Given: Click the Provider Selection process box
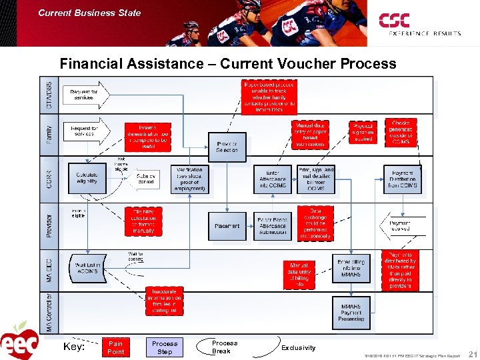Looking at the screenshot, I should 227,147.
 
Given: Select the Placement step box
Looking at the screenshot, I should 227,226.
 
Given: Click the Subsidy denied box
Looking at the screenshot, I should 145,178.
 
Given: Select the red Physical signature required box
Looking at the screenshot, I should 363,131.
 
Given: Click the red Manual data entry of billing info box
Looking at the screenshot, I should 299,275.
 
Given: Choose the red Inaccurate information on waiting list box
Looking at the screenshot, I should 164,301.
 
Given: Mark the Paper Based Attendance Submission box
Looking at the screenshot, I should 273,226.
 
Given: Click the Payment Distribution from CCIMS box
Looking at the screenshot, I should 403,179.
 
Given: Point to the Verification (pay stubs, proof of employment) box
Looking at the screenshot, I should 189,179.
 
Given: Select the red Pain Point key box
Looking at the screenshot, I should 115,347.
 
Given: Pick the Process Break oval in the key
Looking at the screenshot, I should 224,347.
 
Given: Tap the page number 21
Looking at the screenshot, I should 472,353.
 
